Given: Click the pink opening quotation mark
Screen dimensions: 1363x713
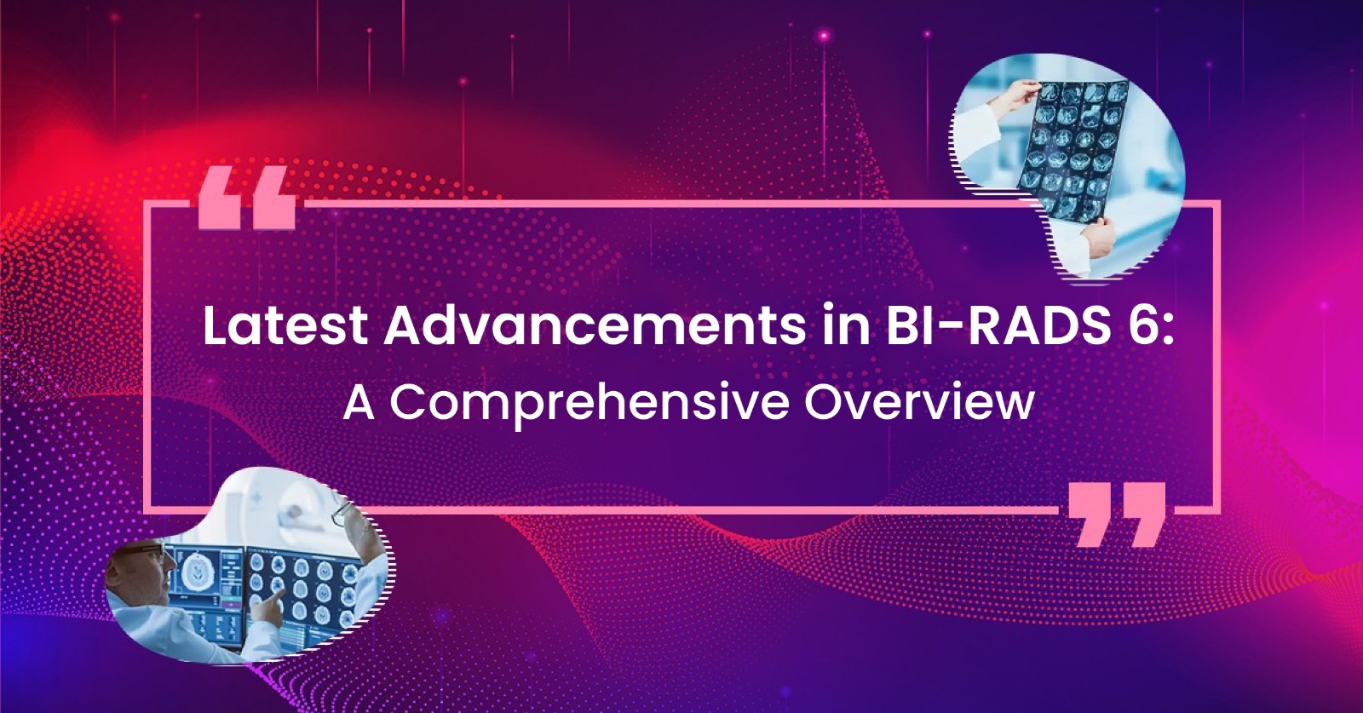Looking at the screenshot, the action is pos(247,198).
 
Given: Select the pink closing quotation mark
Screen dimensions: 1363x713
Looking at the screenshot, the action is pos(1117,515).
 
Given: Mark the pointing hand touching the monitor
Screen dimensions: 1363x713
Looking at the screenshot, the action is pos(268,604).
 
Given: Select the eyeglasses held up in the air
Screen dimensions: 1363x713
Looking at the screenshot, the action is pos(344,515).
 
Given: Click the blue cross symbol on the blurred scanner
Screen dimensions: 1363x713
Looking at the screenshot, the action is pos(257,497).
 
